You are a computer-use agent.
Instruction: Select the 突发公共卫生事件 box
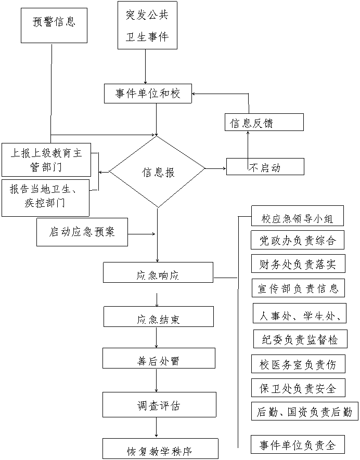[x=147, y=25]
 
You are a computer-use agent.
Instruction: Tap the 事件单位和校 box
[x=148, y=94]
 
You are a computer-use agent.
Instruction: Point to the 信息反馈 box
[x=264, y=123]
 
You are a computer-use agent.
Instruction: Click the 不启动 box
[x=265, y=167]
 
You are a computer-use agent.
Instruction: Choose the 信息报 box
[x=158, y=173]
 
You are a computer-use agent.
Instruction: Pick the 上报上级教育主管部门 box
[x=46, y=160]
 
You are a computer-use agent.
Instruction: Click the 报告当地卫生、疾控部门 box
[x=45, y=198]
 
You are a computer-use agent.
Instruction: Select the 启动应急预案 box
[x=82, y=232]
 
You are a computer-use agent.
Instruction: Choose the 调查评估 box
[x=159, y=404]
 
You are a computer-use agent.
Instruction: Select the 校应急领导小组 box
[x=297, y=216]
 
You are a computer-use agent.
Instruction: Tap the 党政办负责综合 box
[x=298, y=240]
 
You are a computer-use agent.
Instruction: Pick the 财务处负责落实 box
[x=298, y=264]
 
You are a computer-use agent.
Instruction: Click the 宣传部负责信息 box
[x=298, y=287]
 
